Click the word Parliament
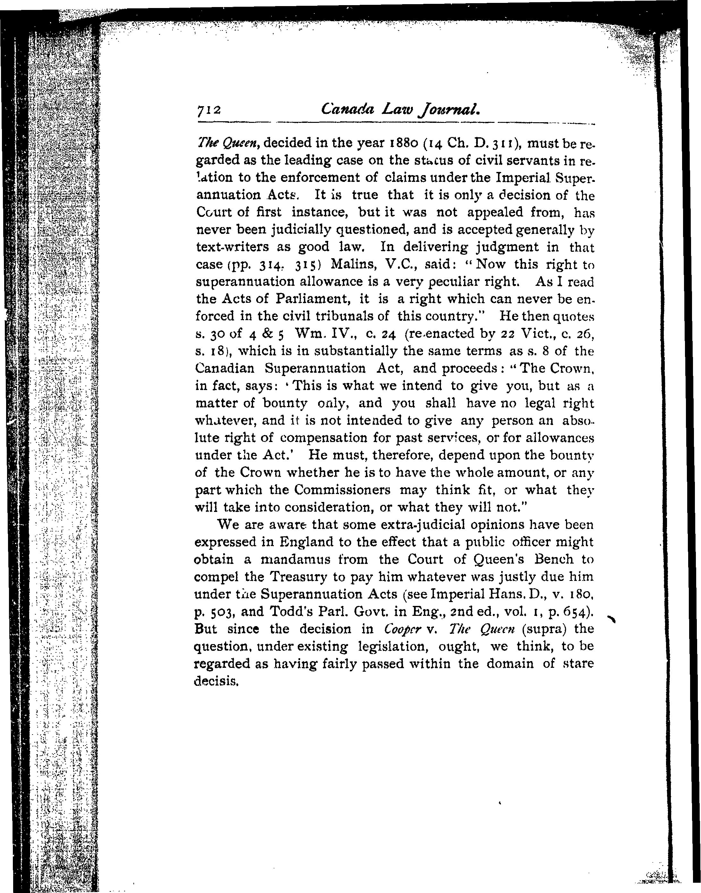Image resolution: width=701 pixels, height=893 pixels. (x=312, y=299)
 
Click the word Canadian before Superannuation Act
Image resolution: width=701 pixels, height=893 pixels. (x=224, y=368)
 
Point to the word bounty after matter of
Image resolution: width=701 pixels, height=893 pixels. (x=283, y=403)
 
